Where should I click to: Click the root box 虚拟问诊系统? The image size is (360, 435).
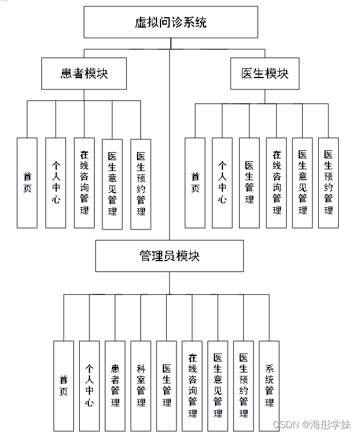[x=170, y=23]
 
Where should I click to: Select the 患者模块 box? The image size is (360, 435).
[x=84, y=73]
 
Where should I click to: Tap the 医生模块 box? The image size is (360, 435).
[x=265, y=73]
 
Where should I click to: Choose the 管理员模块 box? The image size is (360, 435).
[x=169, y=255]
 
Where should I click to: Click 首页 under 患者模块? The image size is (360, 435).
[x=27, y=183]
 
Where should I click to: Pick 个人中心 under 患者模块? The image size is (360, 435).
[x=56, y=183]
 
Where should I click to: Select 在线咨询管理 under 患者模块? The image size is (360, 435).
[x=84, y=183]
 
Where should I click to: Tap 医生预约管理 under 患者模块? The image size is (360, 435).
[x=140, y=183]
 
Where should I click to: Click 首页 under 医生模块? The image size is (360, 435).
[x=195, y=183]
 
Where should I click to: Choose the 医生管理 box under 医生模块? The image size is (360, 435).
[x=249, y=183]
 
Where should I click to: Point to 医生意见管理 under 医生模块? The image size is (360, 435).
[x=302, y=183]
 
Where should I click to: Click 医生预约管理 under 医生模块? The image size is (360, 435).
[x=328, y=183]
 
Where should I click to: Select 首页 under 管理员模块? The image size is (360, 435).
[x=64, y=386]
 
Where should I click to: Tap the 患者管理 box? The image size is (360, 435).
[x=115, y=386]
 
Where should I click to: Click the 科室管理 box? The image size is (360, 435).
[x=141, y=386]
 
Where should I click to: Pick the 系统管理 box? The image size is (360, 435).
[x=269, y=386]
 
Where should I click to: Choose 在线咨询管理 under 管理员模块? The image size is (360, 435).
[x=192, y=386]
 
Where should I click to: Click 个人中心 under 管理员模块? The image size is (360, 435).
[x=89, y=386]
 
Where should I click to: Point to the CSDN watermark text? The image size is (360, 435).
[x=312, y=425]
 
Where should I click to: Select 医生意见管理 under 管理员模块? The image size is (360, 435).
[x=218, y=386]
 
